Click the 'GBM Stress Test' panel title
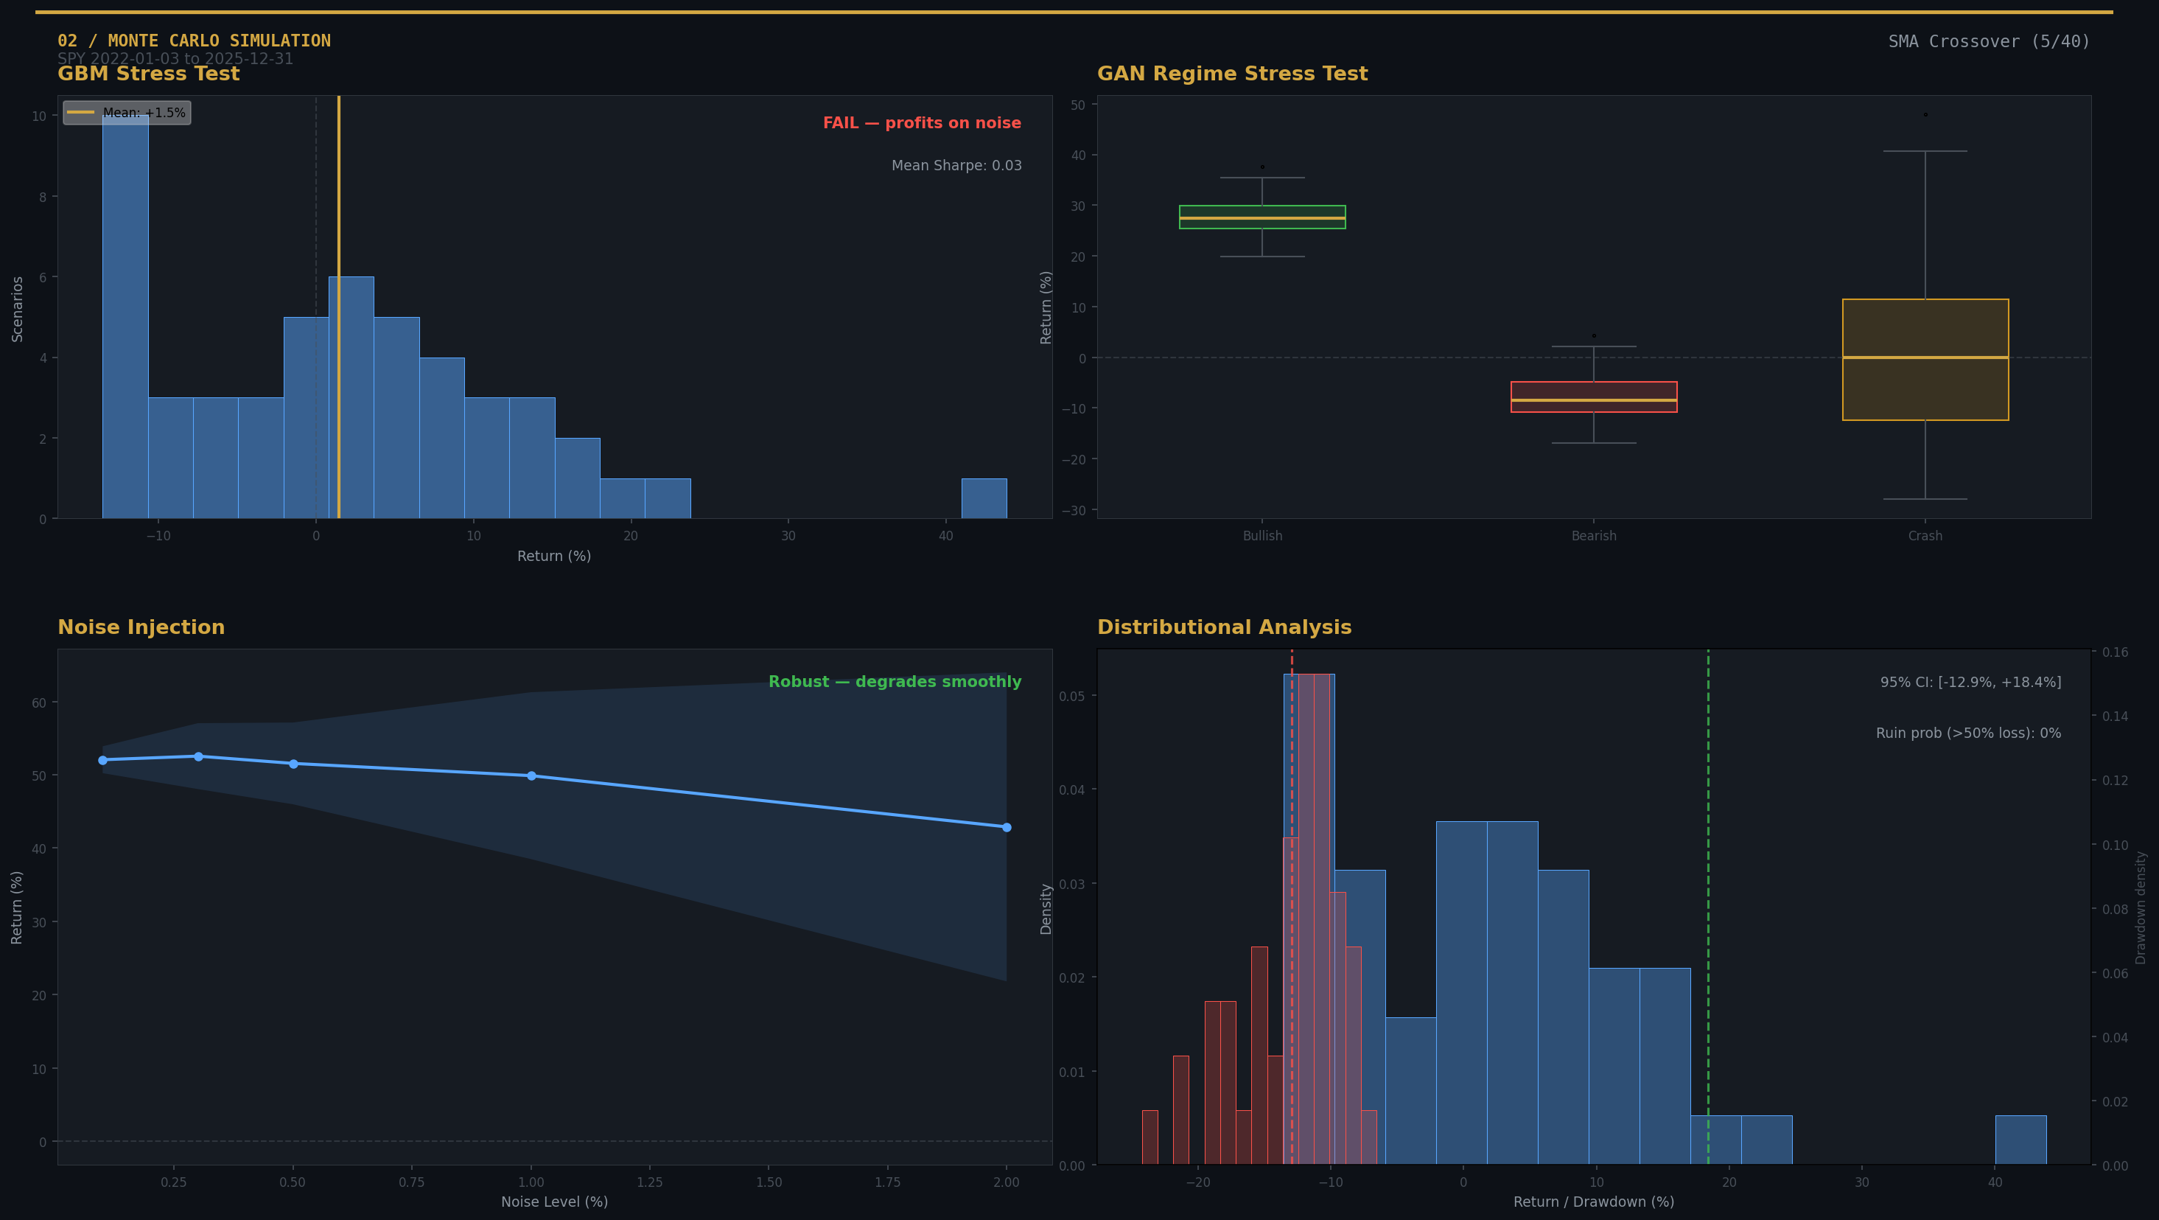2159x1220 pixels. point(148,74)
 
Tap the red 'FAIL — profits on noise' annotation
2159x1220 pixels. point(921,123)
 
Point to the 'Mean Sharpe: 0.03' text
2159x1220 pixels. point(956,165)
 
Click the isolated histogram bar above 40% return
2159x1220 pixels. point(983,498)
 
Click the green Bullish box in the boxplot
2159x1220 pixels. point(1262,217)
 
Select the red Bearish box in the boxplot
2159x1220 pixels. point(1592,397)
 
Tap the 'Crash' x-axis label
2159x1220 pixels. point(1925,536)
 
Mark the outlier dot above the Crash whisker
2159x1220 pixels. point(1925,115)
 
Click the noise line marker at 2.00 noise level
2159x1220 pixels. point(1006,827)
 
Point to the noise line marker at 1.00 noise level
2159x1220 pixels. point(531,775)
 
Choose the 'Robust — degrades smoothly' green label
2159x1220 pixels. point(895,682)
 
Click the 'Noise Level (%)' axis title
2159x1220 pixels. point(554,1202)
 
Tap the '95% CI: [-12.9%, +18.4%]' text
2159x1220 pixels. point(1970,683)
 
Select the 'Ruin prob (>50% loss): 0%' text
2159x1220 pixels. point(1967,733)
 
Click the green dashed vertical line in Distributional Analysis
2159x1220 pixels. point(1707,905)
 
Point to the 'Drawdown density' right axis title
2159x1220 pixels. point(2140,907)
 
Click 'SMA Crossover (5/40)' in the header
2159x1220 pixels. point(1988,41)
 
